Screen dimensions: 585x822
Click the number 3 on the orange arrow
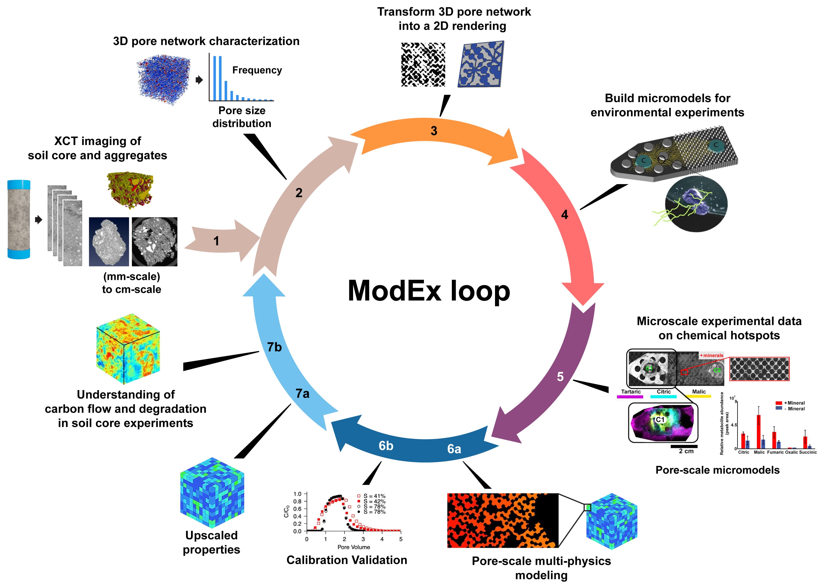434,131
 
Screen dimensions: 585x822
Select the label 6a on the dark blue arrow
454,449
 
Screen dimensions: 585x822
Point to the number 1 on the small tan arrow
216,241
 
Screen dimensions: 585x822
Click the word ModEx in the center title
394,291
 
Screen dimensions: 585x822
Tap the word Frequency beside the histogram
257,70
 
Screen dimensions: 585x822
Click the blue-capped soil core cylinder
19,219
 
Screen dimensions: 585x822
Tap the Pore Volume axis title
353,547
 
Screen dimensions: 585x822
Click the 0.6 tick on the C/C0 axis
297,509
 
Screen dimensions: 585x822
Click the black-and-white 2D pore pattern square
423,65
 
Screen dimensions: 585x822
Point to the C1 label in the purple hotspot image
660,420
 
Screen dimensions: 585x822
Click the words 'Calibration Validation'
347,560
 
